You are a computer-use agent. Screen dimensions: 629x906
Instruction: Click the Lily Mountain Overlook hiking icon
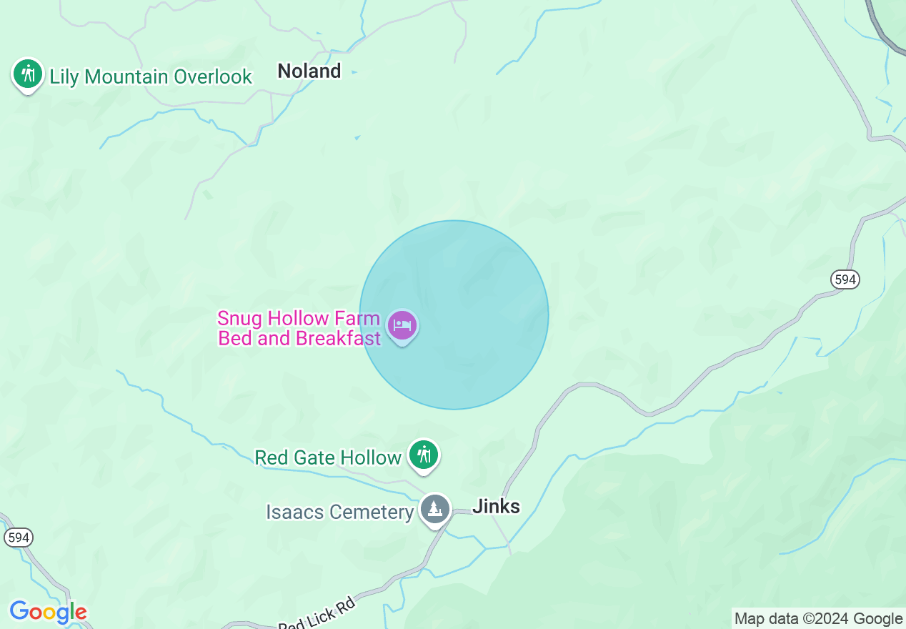28,74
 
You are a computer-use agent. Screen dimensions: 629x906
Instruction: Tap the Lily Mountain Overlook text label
151,77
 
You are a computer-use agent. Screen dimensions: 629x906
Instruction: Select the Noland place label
309,71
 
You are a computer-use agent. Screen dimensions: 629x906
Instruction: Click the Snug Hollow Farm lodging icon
402,326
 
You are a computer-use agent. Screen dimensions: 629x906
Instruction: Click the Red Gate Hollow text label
328,457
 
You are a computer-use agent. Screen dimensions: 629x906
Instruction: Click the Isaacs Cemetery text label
340,512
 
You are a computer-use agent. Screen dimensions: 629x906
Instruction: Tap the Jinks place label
496,507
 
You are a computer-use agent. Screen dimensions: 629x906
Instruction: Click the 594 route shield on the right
845,279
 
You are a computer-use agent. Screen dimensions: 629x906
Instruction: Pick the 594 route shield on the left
18,537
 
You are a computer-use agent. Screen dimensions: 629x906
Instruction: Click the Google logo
48,612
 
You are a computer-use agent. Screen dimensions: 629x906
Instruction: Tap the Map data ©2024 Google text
818,619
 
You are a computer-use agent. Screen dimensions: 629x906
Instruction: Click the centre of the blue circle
454,314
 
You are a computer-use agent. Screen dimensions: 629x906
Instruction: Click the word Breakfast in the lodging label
339,338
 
